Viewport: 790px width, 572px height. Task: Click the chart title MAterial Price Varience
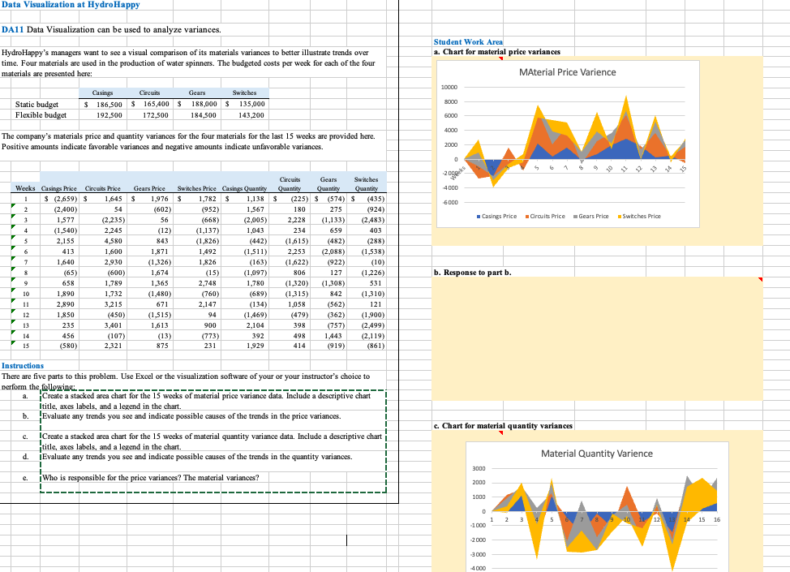[x=567, y=72]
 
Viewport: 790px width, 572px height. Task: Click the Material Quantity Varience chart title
[x=596, y=454]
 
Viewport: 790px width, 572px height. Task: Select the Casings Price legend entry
[x=497, y=216]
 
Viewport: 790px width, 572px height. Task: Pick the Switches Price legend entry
[x=639, y=216]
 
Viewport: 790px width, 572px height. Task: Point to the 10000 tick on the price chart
[x=449, y=88]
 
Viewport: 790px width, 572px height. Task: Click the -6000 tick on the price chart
[x=450, y=203]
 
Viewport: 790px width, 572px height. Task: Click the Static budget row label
[x=36, y=104]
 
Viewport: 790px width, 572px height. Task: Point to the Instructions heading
[x=27, y=367]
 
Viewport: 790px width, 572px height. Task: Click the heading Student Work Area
[x=468, y=41]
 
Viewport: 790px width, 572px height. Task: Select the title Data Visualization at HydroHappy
[x=71, y=5]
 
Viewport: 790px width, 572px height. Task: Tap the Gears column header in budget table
[x=196, y=93]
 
